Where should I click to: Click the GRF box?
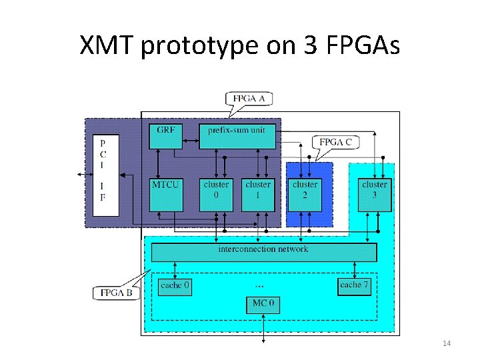(166, 135)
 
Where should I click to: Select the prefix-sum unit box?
(237, 135)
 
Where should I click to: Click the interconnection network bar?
(264, 252)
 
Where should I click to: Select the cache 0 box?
(175, 285)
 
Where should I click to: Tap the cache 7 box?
(354, 285)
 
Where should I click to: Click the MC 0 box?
(263, 304)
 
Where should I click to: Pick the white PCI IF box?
(105, 175)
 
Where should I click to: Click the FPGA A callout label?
(249, 98)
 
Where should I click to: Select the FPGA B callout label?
(116, 293)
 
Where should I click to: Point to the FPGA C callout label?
(335, 142)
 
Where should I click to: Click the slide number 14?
(447, 343)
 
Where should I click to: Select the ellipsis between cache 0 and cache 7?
(260, 285)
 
